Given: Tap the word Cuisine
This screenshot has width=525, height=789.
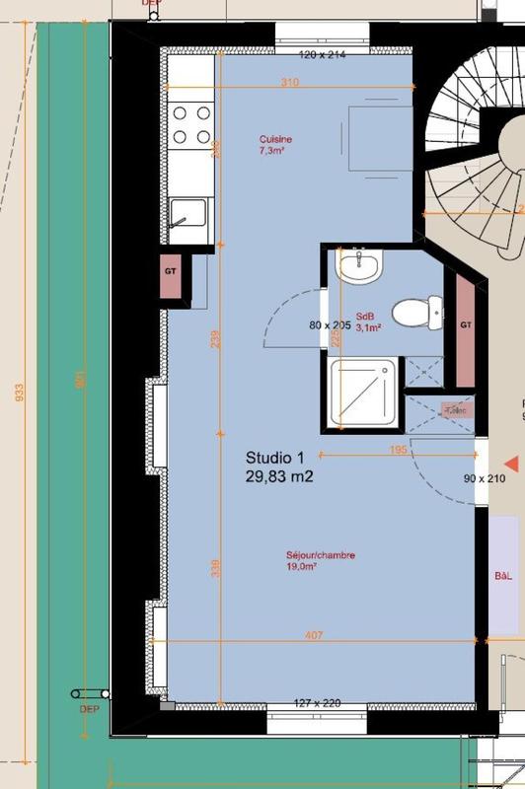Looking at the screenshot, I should click(275, 140).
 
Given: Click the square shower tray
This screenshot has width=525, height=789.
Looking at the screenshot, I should click(363, 393).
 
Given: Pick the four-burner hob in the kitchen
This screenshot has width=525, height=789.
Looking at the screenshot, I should click(190, 125).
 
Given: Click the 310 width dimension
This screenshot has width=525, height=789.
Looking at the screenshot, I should click(289, 84).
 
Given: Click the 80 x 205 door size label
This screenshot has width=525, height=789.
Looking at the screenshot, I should click(330, 324).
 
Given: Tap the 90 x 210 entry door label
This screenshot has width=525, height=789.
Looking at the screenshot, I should click(485, 479).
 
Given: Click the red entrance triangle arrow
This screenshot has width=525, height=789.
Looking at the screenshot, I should click(510, 464).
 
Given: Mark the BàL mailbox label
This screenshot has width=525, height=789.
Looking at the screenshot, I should click(504, 576).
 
